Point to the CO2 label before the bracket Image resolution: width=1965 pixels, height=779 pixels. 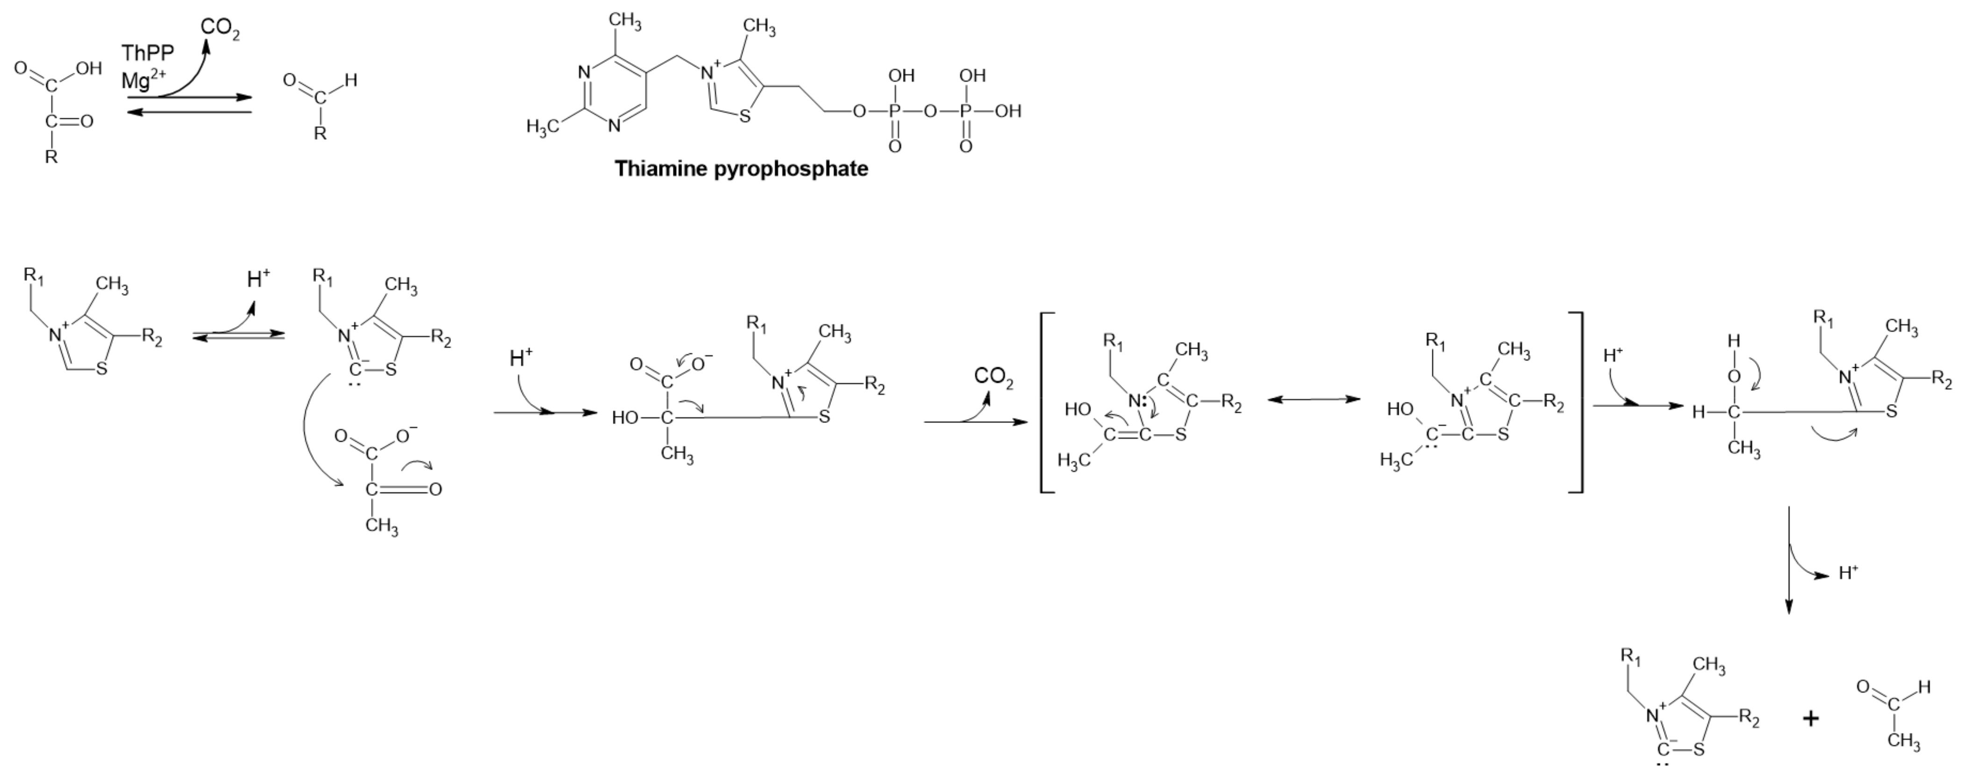993,377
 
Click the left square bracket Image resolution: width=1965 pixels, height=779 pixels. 1044,402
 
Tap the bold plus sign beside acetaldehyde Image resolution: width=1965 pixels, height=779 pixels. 1811,718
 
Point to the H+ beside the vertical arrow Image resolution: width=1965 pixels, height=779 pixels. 1848,572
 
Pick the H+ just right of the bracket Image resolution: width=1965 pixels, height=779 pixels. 1613,355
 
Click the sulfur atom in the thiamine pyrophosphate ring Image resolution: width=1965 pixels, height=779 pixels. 745,117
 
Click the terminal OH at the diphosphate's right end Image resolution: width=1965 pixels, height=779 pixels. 1008,111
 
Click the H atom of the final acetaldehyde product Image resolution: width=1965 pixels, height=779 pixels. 1924,687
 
